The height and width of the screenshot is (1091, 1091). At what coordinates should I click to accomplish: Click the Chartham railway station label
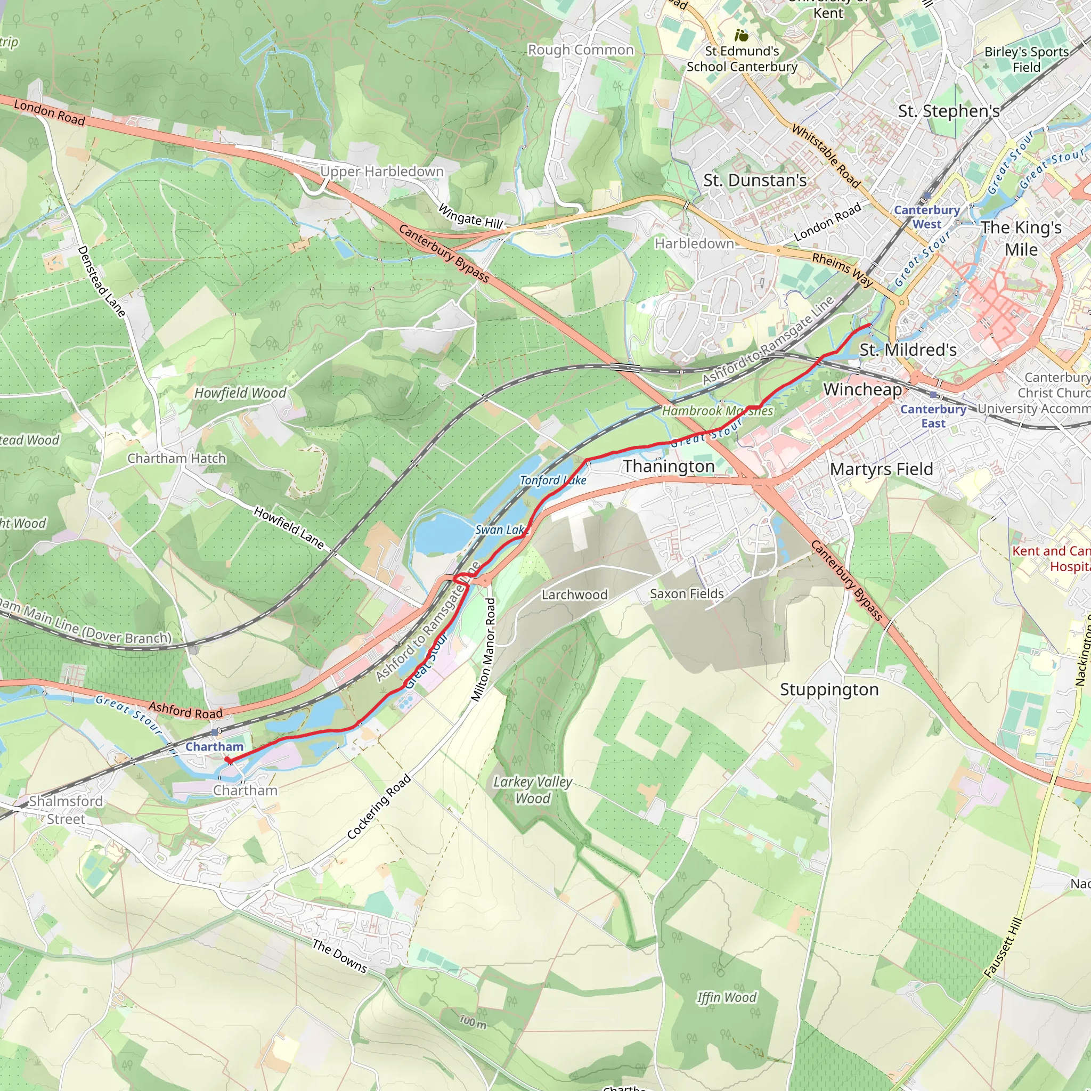tap(215, 746)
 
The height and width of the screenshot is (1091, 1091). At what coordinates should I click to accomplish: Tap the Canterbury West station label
tap(927, 217)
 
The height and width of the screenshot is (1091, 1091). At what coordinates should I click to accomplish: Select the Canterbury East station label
tap(933, 416)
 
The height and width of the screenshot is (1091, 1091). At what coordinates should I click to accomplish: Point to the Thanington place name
tap(669, 467)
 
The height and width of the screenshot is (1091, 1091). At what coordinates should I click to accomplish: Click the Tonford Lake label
tap(553, 481)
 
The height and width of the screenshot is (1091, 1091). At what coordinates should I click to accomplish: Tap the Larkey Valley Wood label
tap(533, 790)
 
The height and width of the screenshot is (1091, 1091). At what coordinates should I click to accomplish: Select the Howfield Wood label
tap(241, 393)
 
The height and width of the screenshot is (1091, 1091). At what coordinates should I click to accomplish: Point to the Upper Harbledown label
tap(382, 171)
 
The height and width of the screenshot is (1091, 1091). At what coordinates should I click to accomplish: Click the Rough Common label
tap(581, 50)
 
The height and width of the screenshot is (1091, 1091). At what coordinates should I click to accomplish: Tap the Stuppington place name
tap(829, 689)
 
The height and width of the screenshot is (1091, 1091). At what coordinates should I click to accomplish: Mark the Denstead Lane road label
tap(101, 281)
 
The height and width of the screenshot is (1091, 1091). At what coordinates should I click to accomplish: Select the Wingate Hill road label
tap(470, 217)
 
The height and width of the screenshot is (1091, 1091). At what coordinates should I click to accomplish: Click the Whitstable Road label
tap(826, 157)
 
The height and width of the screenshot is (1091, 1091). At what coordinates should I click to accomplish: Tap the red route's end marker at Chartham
tap(228, 761)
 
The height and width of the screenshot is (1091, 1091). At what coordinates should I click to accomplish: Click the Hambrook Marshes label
tap(717, 411)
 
